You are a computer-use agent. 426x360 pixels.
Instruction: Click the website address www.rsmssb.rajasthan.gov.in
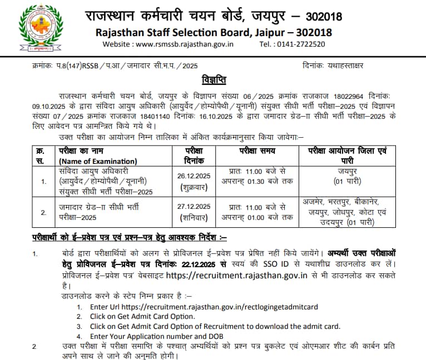point(185,44)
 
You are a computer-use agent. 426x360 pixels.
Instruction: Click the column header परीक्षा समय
point(259,151)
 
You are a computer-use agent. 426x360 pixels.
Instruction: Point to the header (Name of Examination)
point(95,161)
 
